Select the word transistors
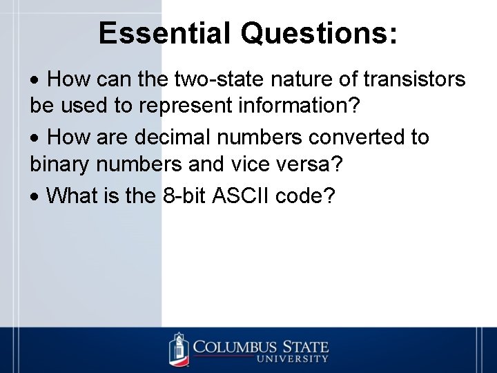tap(415, 79)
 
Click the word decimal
tap(175, 137)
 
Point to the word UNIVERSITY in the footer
tap(293, 358)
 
